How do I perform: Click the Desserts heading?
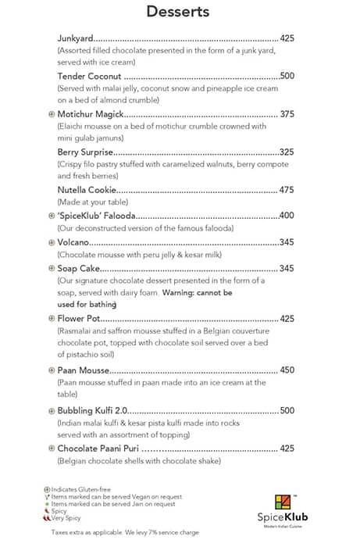click(178, 12)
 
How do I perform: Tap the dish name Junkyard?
click(75, 38)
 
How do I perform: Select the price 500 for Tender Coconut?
click(287, 77)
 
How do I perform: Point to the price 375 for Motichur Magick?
click(287, 114)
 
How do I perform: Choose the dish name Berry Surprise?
click(86, 152)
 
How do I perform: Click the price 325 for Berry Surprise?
click(286, 152)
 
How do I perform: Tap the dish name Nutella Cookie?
click(87, 190)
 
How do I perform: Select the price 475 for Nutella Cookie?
click(287, 190)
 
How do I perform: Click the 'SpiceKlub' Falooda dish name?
click(97, 216)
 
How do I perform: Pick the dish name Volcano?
click(74, 242)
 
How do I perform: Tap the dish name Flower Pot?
click(80, 319)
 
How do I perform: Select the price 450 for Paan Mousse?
click(287, 370)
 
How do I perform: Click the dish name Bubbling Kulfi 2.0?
click(92, 410)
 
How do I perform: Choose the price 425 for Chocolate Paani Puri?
click(287, 449)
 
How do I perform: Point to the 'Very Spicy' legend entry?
click(69, 518)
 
